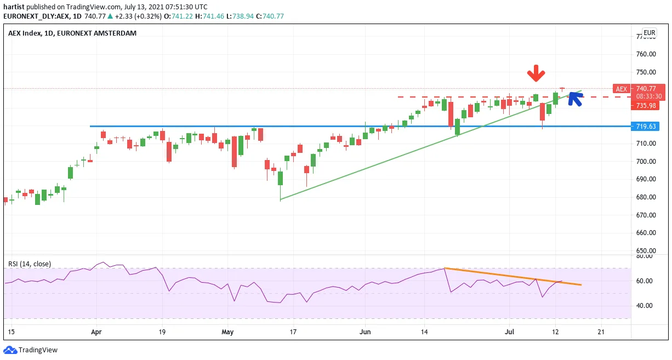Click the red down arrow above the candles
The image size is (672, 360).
(x=536, y=73)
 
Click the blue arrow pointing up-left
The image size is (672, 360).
(x=576, y=99)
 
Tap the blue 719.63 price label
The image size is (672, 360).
(x=645, y=126)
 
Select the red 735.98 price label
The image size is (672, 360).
(x=645, y=106)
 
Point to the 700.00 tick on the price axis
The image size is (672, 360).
(x=646, y=162)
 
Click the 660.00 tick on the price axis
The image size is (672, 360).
(x=646, y=233)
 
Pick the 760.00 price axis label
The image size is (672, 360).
(x=646, y=54)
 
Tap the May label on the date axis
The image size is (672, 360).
(x=227, y=332)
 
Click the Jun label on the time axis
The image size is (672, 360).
(x=365, y=332)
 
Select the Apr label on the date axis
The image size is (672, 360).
(x=96, y=332)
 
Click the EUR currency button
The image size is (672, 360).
(x=650, y=33)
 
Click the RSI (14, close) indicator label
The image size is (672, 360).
(x=30, y=264)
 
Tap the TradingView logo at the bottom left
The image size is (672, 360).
(x=30, y=350)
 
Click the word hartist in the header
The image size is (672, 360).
(x=14, y=7)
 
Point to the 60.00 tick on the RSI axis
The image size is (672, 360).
(x=644, y=281)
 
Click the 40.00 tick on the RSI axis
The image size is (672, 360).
(x=644, y=306)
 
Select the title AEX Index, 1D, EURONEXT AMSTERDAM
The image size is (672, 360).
(x=72, y=33)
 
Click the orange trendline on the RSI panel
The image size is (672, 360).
(x=512, y=276)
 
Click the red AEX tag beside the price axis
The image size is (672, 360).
(x=622, y=89)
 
